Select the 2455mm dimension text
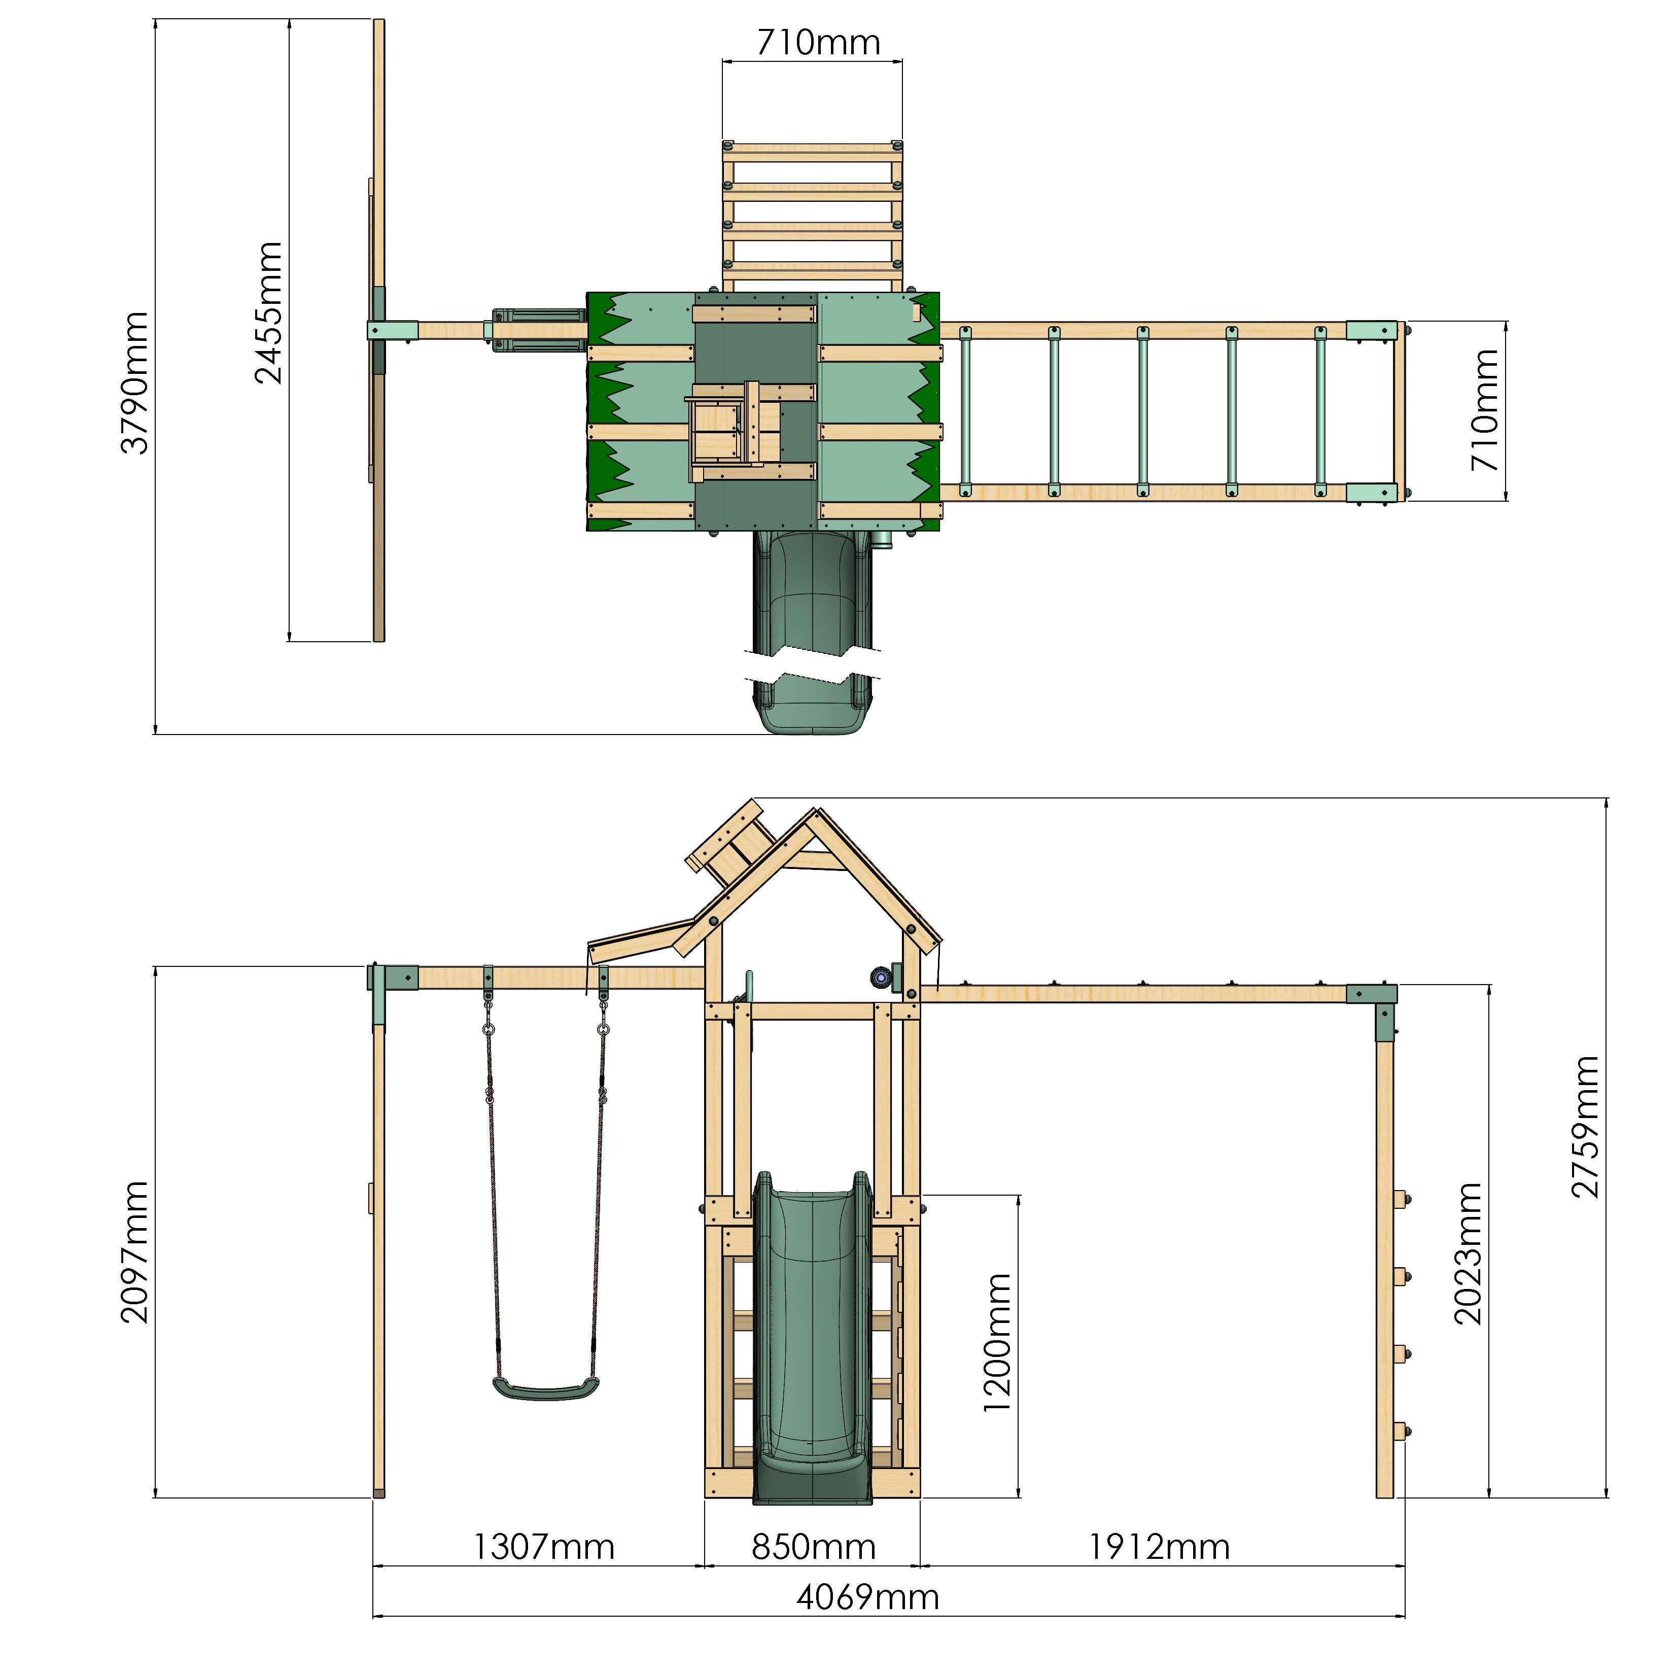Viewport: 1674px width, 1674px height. [269, 313]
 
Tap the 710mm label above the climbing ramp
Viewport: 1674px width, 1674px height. [818, 43]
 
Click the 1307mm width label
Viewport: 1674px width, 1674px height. [543, 1547]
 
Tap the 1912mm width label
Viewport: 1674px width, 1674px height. [1159, 1547]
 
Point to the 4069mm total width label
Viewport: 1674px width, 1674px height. [867, 1597]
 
